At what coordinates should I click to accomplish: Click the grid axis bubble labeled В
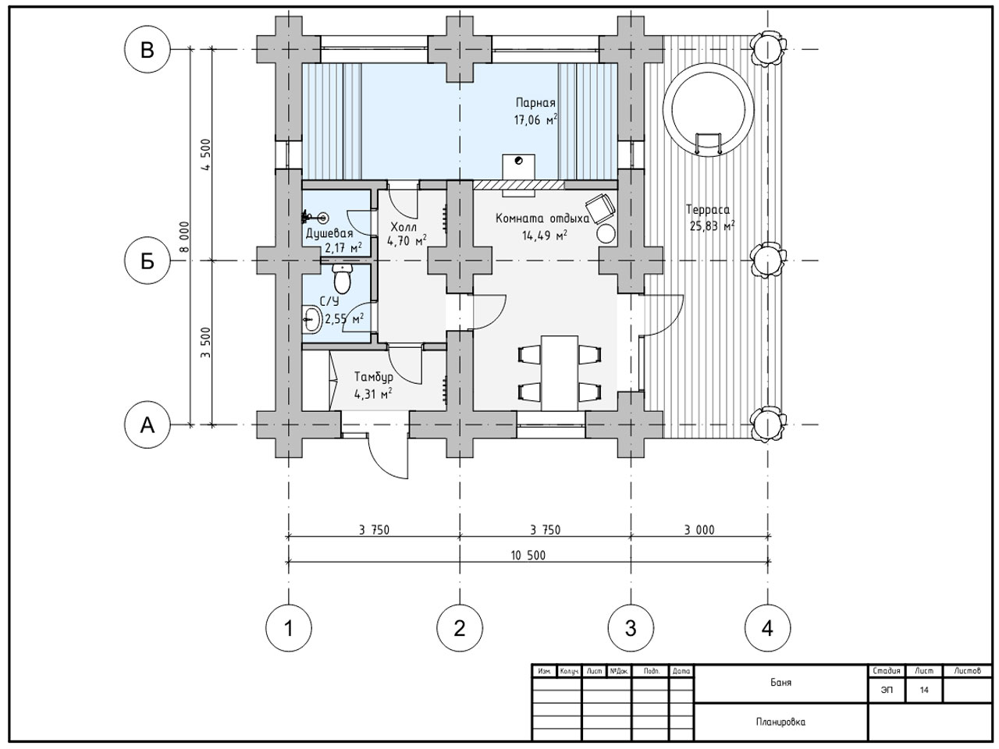pyautogui.click(x=147, y=50)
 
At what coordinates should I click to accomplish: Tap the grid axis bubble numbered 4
pyautogui.click(x=767, y=629)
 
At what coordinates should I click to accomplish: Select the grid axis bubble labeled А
pyautogui.click(x=147, y=425)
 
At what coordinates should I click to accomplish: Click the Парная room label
pyautogui.click(x=535, y=103)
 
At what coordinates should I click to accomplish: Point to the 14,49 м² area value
pyautogui.click(x=544, y=235)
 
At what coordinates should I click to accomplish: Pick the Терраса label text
pyautogui.click(x=708, y=210)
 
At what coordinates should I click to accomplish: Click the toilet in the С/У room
pyautogui.click(x=342, y=279)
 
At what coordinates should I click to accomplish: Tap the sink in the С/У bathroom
pyautogui.click(x=311, y=319)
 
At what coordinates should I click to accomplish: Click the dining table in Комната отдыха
pyautogui.click(x=560, y=374)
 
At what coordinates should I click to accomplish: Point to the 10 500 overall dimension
pyautogui.click(x=528, y=556)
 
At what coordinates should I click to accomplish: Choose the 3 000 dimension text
pyautogui.click(x=699, y=530)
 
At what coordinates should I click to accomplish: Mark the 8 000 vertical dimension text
pyautogui.click(x=183, y=237)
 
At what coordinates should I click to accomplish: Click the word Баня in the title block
pyautogui.click(x=780, y=683)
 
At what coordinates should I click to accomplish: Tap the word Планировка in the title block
pyautogui.click(x=780, y=722)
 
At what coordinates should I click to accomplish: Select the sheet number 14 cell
pyautogui.click(x=923, y=690)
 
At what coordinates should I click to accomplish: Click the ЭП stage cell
pyautogui.click(x=887, y=690)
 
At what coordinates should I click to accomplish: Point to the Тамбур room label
pyautogui.click(x=374, y=377)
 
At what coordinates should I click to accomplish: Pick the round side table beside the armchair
pyautogui.click(x=606, y=234)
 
